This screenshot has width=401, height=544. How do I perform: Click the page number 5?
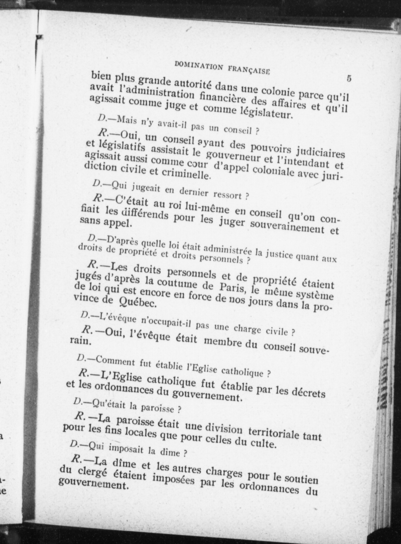point(349,79)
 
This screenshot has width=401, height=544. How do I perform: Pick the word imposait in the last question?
point(126,448)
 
